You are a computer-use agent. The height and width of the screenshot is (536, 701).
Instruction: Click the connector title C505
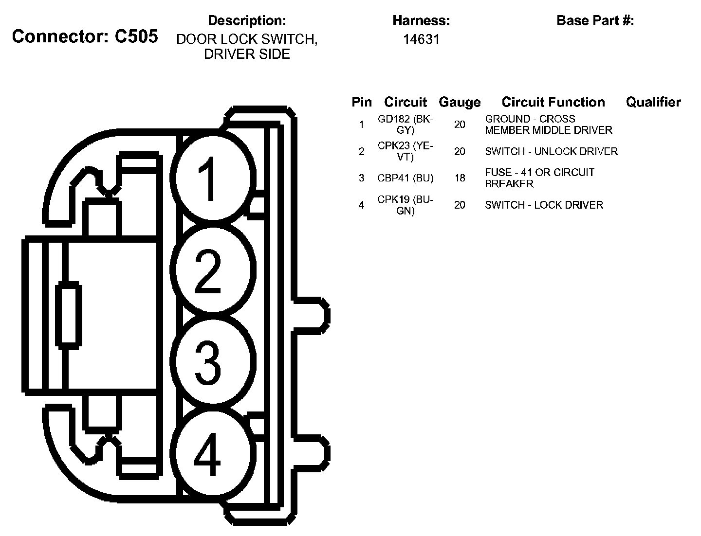pos(85,36)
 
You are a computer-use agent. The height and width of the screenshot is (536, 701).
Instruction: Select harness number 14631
pos(421,39)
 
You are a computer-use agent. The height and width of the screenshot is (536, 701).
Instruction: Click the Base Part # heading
pos(595,20)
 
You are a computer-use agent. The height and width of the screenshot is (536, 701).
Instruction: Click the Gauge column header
pos(460,102)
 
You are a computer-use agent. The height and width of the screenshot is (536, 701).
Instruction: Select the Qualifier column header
pos(653,102)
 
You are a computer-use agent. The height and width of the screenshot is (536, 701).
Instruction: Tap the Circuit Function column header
pos(553,102)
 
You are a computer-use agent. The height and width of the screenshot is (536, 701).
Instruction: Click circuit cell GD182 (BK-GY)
pos(405,125)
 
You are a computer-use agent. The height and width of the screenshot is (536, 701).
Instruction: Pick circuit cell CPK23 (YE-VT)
pos(405,151)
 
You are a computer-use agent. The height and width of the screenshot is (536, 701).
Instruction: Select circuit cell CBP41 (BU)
pos(405,178)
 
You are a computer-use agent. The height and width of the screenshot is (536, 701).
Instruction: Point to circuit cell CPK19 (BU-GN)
pos(405,205)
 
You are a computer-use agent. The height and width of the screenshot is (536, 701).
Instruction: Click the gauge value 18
pos(460,178)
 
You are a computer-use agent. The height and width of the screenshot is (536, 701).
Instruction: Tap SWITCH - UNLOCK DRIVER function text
pos(551,151)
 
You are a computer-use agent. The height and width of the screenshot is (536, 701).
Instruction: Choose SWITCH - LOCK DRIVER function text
pos(544,205)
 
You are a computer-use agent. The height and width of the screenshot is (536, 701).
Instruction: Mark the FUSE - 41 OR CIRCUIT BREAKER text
pos(539,178)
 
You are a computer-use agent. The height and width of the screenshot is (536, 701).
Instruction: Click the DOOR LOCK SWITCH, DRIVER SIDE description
pos(247,47)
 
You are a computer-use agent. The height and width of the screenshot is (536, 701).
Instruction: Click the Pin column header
pos(362,102)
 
